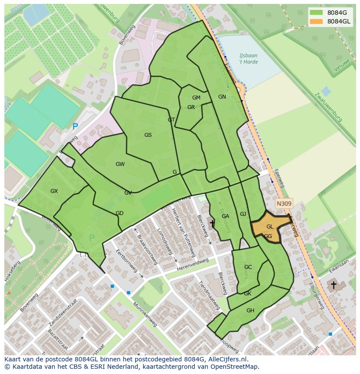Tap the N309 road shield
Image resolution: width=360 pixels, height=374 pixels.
pos(284,203)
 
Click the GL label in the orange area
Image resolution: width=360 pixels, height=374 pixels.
pos(270,227)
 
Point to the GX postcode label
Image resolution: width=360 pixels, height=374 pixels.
pos(54,191)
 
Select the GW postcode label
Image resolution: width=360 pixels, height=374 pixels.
pos(120,164)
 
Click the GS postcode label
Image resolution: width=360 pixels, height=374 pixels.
pos(148,135)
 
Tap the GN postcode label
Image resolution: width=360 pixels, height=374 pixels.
pos(222,97)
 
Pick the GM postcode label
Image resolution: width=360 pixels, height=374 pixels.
pos(196,98)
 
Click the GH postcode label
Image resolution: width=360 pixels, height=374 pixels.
pos(250,311)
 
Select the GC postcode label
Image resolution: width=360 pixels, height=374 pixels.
pos(248,267)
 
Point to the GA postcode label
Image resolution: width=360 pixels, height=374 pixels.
pos(225,216)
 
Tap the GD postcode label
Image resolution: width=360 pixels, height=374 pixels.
pos(120,213)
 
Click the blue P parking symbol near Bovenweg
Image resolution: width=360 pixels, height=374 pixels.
pos(75,127)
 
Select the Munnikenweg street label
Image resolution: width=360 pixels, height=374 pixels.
pos(145,314)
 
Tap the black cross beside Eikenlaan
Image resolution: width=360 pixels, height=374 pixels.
pos(333,285)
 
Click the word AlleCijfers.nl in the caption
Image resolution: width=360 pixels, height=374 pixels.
pos(227,359)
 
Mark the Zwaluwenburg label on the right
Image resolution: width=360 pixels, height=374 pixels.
pos(329,107)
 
